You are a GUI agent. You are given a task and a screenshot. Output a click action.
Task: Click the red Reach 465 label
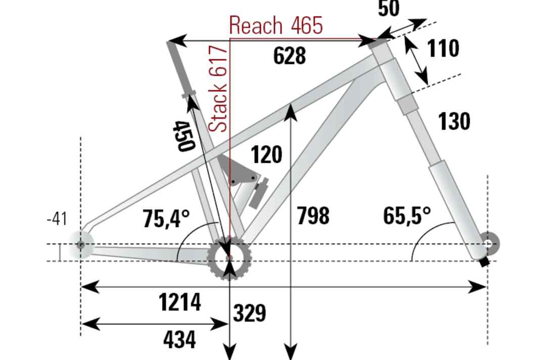tap(276, 25)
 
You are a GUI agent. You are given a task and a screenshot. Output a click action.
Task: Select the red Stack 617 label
tap(219, 88)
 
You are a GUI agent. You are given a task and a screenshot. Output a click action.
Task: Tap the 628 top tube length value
tap(289, 56)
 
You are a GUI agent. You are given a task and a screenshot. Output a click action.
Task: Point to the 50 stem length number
tap(388, 9)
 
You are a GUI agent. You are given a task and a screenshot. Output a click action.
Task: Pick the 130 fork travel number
tap(454, 121)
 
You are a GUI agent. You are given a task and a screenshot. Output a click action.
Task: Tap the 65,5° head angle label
tap(407, 216)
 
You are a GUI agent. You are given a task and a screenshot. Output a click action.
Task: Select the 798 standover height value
tap(313, 216)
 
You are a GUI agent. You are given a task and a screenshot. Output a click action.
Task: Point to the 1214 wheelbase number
tap(180, 302)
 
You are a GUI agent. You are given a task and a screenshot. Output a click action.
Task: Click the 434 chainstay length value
tap(179, 340)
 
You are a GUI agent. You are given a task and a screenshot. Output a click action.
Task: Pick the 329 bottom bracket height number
tap(249, 313)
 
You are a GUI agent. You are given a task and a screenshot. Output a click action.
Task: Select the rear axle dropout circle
tap(80, 245)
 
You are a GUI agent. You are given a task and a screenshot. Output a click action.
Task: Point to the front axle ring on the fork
tap(488, 244)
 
